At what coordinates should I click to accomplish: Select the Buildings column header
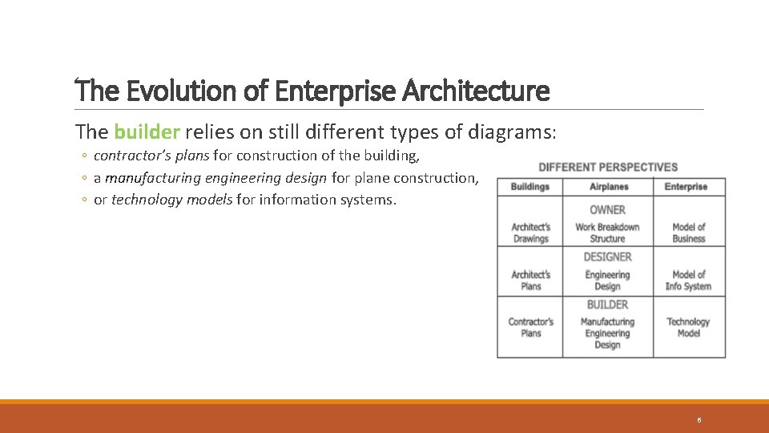pyautogui.click(x=529, y=187)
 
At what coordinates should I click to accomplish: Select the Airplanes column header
pyautogui.click(x=607, y=187)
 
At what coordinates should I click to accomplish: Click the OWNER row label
pyautogui.click(x=607, y=210)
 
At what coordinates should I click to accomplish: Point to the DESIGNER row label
pyautogui.click(x=607, y=257)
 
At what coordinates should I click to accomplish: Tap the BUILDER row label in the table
pyautogui.click(x=607, y=305)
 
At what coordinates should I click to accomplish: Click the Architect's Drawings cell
pyautogui.click(x=530, y=233)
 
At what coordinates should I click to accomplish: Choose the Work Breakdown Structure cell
pyautogui.click(x=607, y=233)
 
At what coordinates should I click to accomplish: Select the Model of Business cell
pyautogui.click(x=688, y=233)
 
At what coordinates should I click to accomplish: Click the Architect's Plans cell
pyautogui.click(x=530, y=280)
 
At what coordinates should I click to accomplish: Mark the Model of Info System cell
pyautogui.click(x=688, y=280)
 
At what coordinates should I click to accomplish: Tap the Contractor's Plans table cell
pyautogui.click(x=530, y=327)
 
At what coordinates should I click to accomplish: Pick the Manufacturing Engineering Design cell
pyautogui.click(x=607, y=333)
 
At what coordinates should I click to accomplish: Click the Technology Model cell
pyautogui.click(x=688, y=327)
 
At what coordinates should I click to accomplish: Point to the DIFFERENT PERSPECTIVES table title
pyautogui.click(x=608, y=167)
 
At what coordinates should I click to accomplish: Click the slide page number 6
pyautogui.click(x=699, y=420)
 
